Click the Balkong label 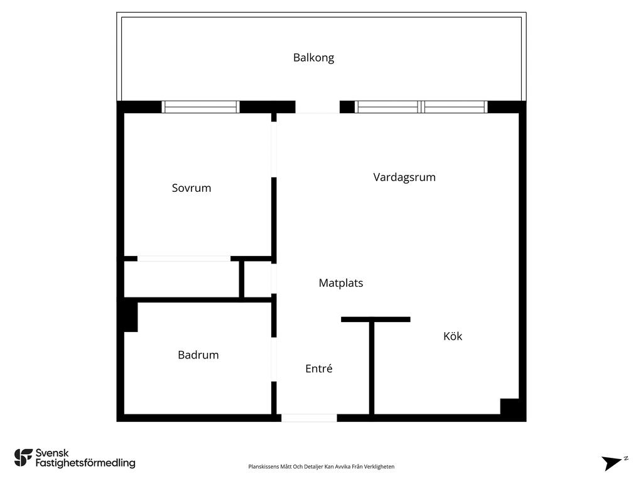pyautogui.click(x=314, y=57)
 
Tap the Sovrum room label pyautogui.click(x=192, y=187)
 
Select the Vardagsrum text pyautogui.click(x=404, y=177)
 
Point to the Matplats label pyautogui.click(x=341, y=282)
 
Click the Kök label pyautogui.click(x=453, y=336)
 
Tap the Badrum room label pyautogui.click(x=198, y=355)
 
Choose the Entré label pyautogui.click(x=318, y=369)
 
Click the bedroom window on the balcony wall pyautogui.click(x=200, y=107)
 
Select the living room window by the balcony pyautogui.click(x=421, y=107)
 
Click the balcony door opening pyautogui.click(x=317, y=107)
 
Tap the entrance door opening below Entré pyautogui.click(x=309, y=418)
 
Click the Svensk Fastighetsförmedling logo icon pyautogui.click(x=23, y=458)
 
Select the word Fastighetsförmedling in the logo pyautogui.click(x=85, y=463)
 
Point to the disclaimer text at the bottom pyautogui.click(x=321, y=467)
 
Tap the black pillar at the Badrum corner pyautogui.click(x=131, y=317)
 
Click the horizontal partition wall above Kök pyautogui.click(x=376, y=319)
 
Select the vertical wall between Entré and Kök pyautogui.click(x=372, y=368)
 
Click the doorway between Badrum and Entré pyautogui.click(x=274, y=359)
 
